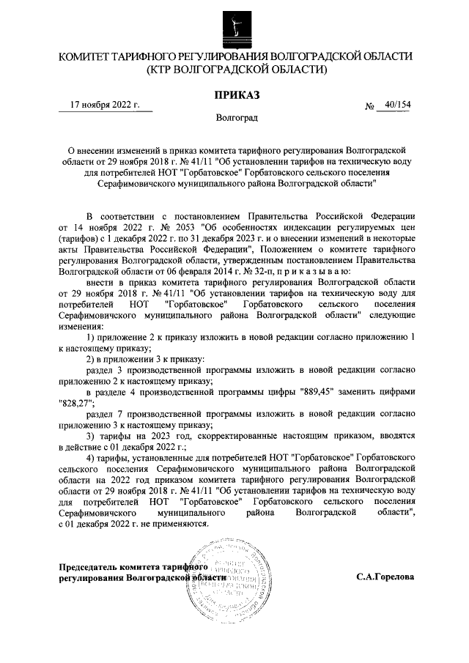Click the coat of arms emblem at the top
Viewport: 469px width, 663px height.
234,27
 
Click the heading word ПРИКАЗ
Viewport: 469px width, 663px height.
234,94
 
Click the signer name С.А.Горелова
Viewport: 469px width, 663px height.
385,577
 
